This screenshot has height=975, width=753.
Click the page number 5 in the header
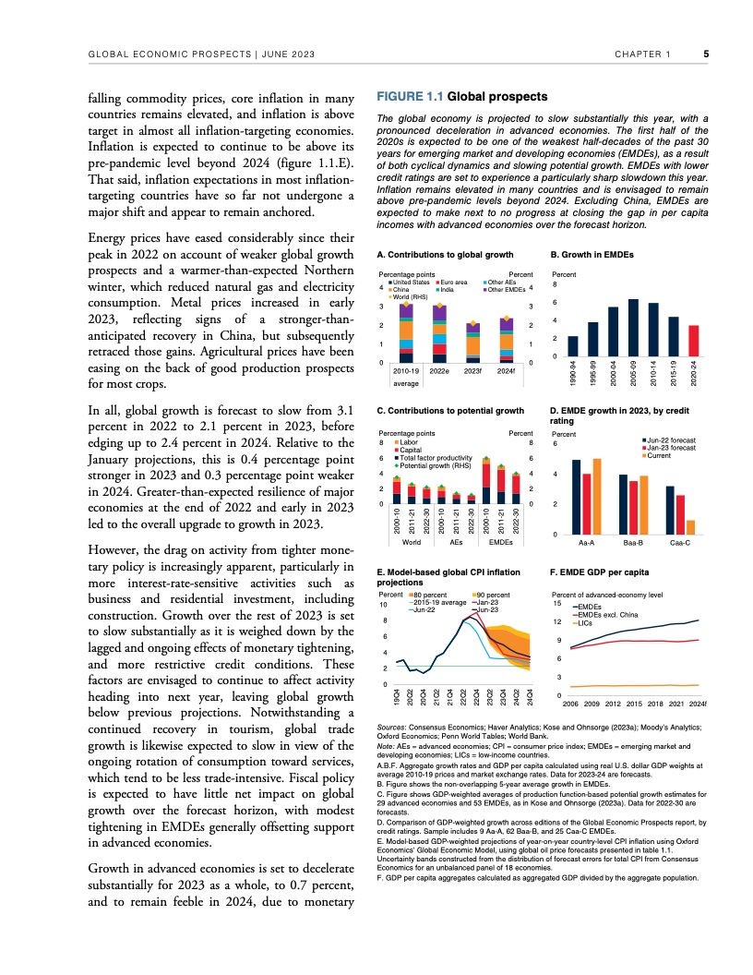[x=706, y=54]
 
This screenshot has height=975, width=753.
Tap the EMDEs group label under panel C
[x=501, y=543]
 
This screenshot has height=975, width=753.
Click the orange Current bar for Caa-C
[x=690, y=527]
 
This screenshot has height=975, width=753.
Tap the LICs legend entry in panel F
[x=584, y=623]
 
